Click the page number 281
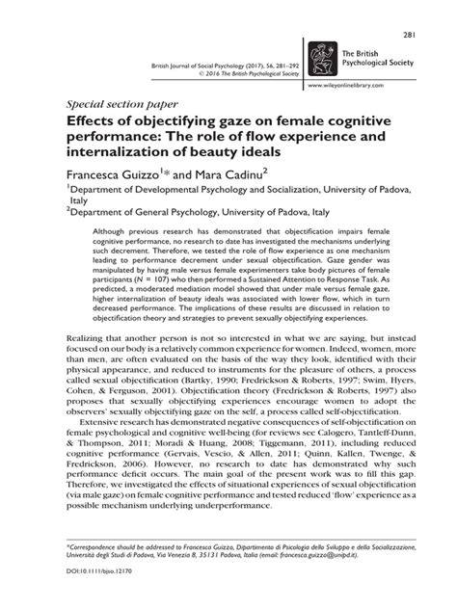pyautogui.click(x=435, y=9)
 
